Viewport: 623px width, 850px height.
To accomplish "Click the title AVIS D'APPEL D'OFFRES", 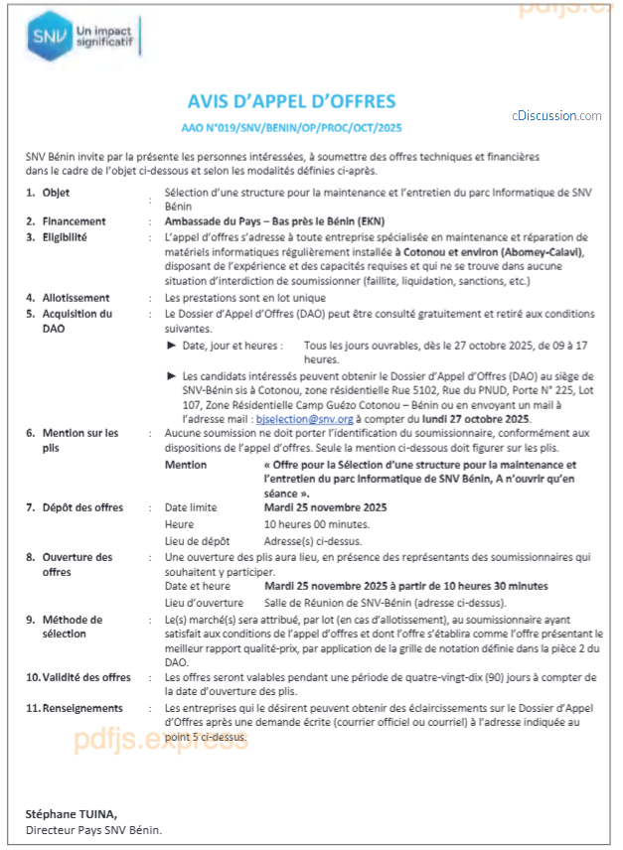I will point(291,101).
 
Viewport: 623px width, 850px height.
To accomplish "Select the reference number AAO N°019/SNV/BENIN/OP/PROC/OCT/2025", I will point(291,128).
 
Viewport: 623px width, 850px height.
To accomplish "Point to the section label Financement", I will point(74,221).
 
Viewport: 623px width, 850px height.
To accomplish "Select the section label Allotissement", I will point(76,298).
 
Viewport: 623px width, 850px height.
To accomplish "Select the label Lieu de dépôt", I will point(197,541).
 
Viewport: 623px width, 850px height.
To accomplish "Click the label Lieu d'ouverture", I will point(204,603).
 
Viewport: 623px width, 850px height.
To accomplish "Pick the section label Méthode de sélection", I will point(72,626).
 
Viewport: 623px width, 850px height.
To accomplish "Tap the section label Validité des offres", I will point(85,677).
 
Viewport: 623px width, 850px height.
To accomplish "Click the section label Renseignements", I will point(82,708).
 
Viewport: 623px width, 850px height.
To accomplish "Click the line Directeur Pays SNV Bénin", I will point(93,830).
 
